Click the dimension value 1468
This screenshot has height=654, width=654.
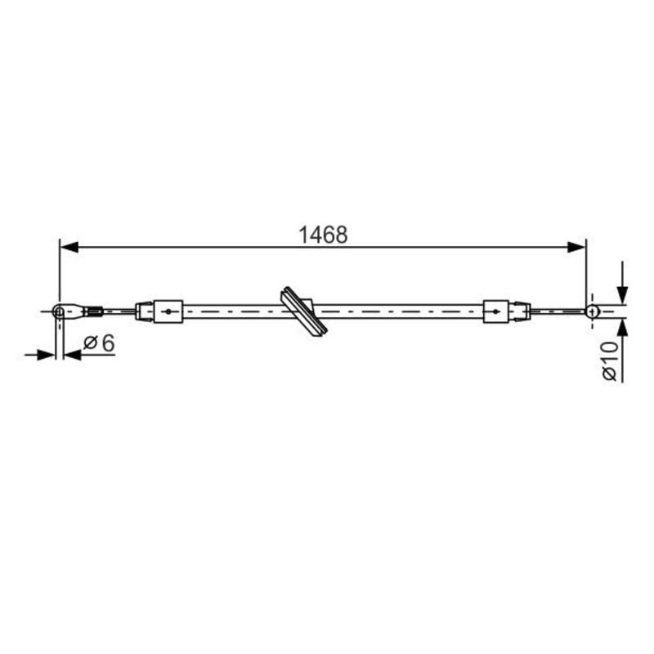pyautogui.click(x=323, y=235)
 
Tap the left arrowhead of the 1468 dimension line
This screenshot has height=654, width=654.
pyautogui.click(x=69, y=247)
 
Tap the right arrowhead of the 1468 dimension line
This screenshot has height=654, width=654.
pyautogui.click(x=577, y=247)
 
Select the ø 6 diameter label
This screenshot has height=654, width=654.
pyautogui.click(x=99, y=343)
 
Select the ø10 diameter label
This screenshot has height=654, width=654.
pyautogui.click(x=610, y=361)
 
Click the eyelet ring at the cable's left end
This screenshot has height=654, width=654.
pyautogui.click(x=59, y=311)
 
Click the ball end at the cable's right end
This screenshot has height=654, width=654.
pyautogui.click(x=592, y=311)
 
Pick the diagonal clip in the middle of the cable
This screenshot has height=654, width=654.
pyautogui.click(x=304, y=311)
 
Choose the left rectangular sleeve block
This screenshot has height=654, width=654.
pyautogui.click(x=168, y=311)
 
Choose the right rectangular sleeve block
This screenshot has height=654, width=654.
pyautogui.click(x=495, y=311)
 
